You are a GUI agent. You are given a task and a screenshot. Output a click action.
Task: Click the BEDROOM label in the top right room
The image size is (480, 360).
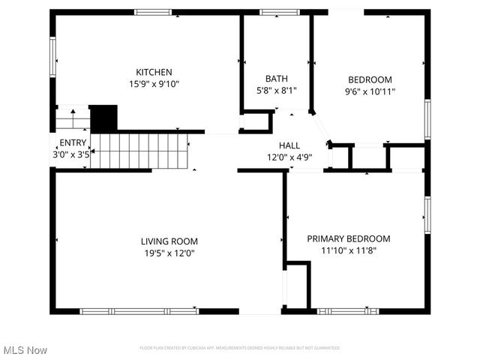click(x=370, y=79)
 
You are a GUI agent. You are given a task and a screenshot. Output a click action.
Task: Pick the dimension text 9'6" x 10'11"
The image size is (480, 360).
click(x=370, y=91)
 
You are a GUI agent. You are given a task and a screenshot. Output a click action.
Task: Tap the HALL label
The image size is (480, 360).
click(x=289, y=145)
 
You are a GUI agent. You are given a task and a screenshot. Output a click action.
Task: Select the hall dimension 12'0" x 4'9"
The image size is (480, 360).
click(x=289, y=157)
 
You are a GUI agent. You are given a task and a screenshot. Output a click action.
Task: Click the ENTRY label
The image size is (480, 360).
click(x=73, y=142)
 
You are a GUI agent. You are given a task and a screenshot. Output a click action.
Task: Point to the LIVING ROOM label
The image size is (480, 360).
click(x=169, y=241)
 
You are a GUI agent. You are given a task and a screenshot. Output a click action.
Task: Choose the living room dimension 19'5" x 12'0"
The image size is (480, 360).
click(x=169, y=253)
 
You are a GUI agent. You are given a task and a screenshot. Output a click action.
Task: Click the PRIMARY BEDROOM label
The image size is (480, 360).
click(x=348, y=238)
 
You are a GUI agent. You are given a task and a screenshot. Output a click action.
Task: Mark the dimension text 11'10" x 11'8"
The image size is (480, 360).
click(x=348, y=250)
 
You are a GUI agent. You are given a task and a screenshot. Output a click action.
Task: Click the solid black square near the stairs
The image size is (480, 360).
click(x=103, y=118)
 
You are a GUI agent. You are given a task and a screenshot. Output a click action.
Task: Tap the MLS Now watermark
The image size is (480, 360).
click(x=25, y=350)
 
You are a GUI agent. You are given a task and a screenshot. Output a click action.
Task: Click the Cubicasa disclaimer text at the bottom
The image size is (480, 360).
click(x=239, y=348)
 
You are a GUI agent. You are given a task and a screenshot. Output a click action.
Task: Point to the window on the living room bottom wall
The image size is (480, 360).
click(x=139, y=311)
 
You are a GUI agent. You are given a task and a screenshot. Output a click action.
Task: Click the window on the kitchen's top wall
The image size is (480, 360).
click(x=153, y=12)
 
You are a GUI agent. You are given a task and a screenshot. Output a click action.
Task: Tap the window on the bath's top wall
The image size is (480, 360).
click(x=274, y=12)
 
